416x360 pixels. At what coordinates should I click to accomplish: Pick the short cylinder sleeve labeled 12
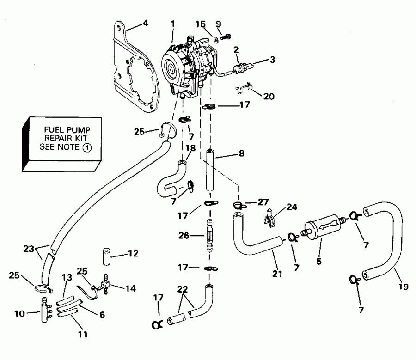[106, 256]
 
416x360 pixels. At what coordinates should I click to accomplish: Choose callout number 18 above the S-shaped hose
[190, 148]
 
